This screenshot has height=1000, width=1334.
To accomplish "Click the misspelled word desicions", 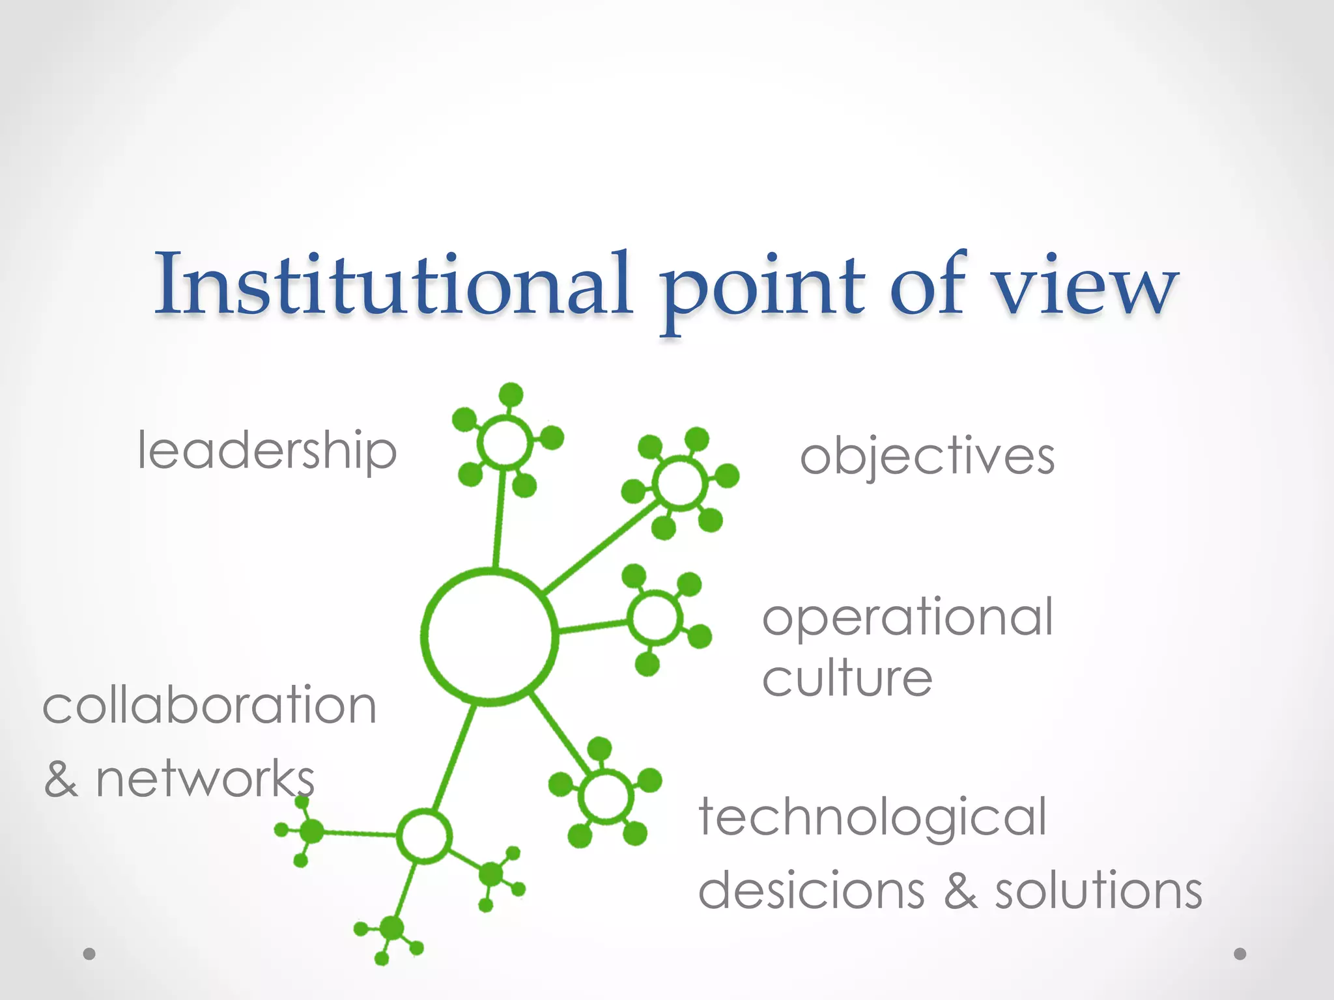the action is [811, 890].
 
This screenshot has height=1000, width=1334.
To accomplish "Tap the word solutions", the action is [1098, 890].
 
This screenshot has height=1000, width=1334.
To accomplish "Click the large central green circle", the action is [489, 637].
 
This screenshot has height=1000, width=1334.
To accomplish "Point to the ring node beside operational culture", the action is [655, 617].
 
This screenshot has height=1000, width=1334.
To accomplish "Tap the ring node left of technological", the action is [606, 796].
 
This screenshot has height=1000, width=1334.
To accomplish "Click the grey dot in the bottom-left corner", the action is [89, 954].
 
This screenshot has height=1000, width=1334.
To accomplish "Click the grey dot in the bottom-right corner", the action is [1240, 954].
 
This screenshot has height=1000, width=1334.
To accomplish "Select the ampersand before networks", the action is [61, 779].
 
